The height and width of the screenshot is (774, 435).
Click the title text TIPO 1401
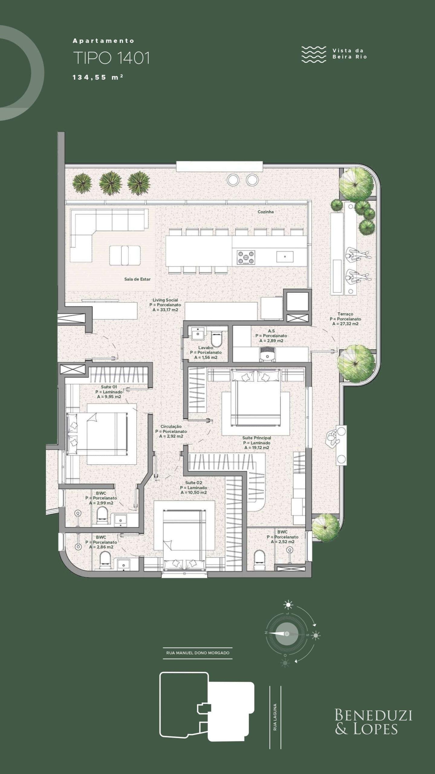click(x=112, y=58)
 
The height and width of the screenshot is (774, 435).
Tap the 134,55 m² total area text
click(x=98, y=77)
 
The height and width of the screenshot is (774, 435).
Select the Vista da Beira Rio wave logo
click(x=314, y=54)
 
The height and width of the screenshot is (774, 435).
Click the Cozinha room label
click(x=265, y=212)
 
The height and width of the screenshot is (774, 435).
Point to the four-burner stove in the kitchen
click(x=246, y=257)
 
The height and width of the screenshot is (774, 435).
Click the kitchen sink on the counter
click(x=285, y=257)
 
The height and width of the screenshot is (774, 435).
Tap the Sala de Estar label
click(x=137, y=279)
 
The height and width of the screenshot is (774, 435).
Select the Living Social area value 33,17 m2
click(x=165, y=310)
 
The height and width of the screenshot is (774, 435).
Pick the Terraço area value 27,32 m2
click(x=345, y=324)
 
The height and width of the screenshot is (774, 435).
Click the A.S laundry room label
click(x=271, y=331)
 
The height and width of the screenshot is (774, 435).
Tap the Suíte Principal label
click(x=257, y=438)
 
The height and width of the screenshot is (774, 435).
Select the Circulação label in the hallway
click(x=171, y=427)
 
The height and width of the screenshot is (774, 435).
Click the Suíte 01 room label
click(x=109, y=387)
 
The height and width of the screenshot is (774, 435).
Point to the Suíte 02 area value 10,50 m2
click(x=193, y=493)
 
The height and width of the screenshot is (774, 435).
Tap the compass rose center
click(x=287, y=634)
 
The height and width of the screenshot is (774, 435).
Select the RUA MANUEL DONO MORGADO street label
click(x=198, y=653)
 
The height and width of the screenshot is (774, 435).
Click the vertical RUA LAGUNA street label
click(x=275, y=717)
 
